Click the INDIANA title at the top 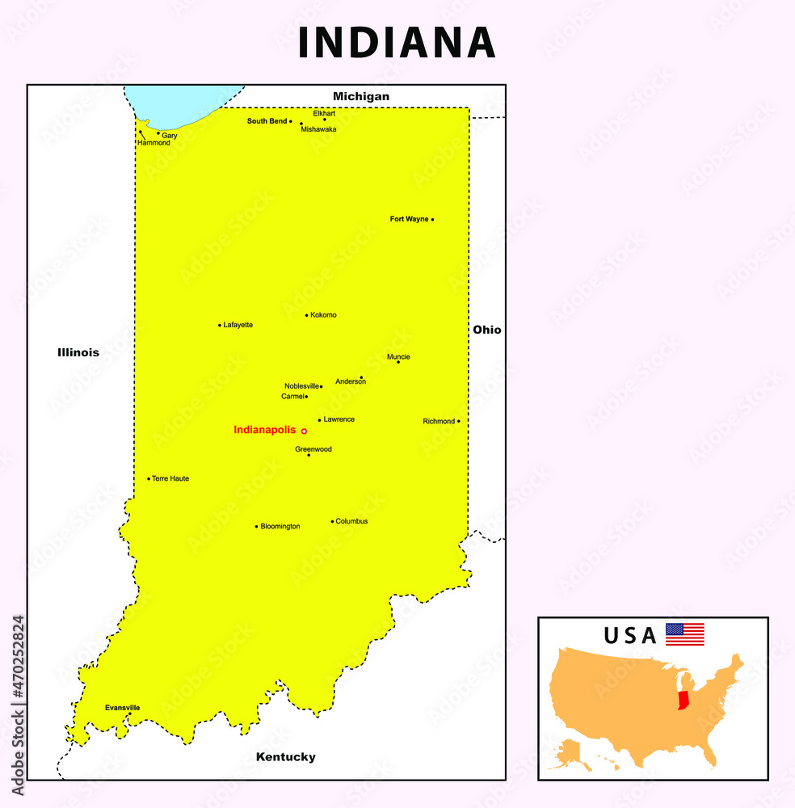click(x=396, y=43)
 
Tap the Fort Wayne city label click(x=409, y=219)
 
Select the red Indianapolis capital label click(x=264, y=430)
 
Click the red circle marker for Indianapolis click(x=304, y=431)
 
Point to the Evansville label click(x=122, y=708)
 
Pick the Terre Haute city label click(x=170, y=478)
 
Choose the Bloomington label click(x=280, y=526)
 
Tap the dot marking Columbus click(x=332, y=522)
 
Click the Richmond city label click(x=439, y=421)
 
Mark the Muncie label click(x=398, y=356)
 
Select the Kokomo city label click(x=323, y=315)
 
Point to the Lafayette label click(x=238, y=325)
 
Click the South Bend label click(x=267, y=121)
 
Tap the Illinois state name click(x=78, y=352)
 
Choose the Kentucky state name click(x=285, y=757)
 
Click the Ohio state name click(x=486, y=330)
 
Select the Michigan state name click(x=361, y=96)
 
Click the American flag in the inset click(x=684, y=634)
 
